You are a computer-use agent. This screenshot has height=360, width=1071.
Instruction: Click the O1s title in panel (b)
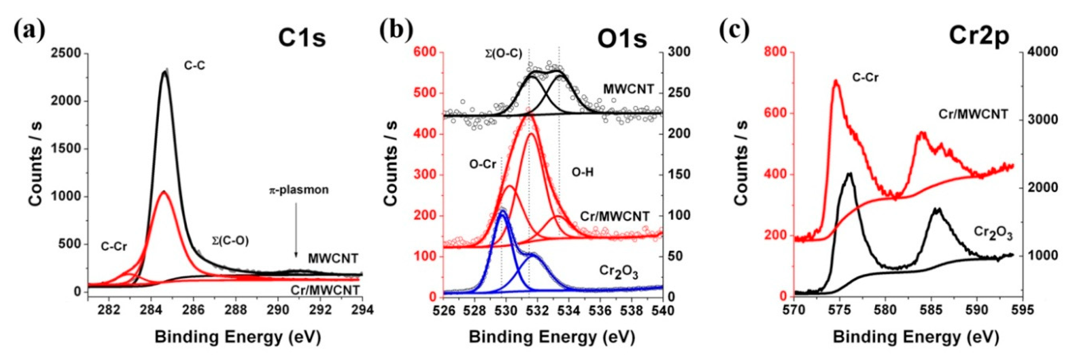coord(622,39)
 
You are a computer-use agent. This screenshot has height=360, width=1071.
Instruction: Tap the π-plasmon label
coord(298,190)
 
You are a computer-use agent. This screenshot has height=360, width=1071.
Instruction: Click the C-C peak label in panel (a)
coord(195,65)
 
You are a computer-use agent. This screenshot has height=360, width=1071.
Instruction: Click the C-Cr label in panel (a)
coord(114,246)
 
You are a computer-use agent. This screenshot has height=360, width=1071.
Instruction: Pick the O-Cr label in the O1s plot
coord(483,164)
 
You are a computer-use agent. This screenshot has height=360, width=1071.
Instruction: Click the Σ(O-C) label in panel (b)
coord(503,53)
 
